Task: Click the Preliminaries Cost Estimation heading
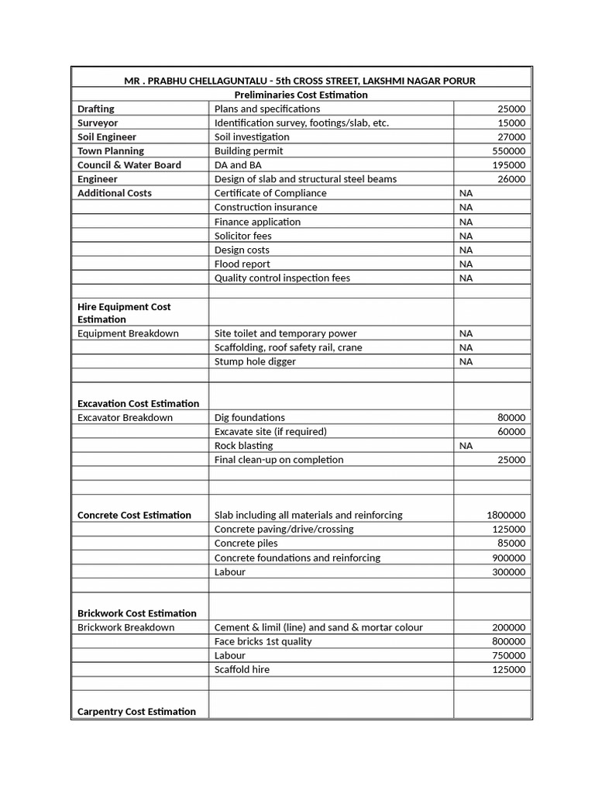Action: click(x=301, y=95)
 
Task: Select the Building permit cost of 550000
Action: click(x=508, y=150)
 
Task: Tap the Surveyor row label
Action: click(x=98, y=123)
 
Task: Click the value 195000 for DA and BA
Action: click(x=508, y=165)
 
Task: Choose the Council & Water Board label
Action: click(x=129, y=165)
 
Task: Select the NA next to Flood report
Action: click(x=466, y=264)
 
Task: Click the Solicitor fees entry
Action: click(x=242, y=236)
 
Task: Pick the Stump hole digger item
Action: click(x=255, y=361)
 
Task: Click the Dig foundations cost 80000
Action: click(x=511, y=417)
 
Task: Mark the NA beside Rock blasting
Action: click(x=466, y=446)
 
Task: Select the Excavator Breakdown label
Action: click(x=125, y=417)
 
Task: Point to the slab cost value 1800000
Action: click(x=505, y=515)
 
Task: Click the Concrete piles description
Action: click(x=246, y=543)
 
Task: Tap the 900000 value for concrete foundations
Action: click(x=508, y=558)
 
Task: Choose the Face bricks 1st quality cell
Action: click(x=263, y=641)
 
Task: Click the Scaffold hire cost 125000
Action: click(x=508, y=669)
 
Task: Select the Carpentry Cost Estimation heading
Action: click(x=136, y=711)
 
